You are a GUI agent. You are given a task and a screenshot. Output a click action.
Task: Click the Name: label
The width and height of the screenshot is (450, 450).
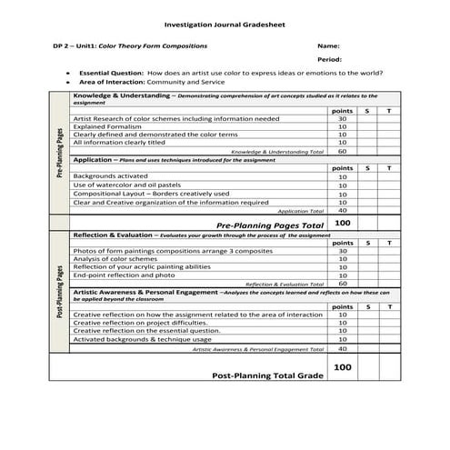pyautogui.click(x=328, y=45)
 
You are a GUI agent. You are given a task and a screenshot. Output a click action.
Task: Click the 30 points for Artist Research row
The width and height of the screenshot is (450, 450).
pyautogui.click(x=343, y=118)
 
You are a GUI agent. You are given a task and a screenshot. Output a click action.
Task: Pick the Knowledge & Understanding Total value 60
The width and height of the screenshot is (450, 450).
pyautogui.click(x=343, y=151)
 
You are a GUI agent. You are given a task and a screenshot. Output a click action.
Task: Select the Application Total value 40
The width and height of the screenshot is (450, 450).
pyautogui.click(x=343, y=210)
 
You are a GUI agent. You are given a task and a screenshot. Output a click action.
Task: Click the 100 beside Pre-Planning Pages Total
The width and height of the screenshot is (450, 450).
pyautogui.click(x=343, y=223)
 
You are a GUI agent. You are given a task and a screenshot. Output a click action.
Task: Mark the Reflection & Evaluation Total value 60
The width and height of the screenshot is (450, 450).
pyautogui.click(x=343, y=283)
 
